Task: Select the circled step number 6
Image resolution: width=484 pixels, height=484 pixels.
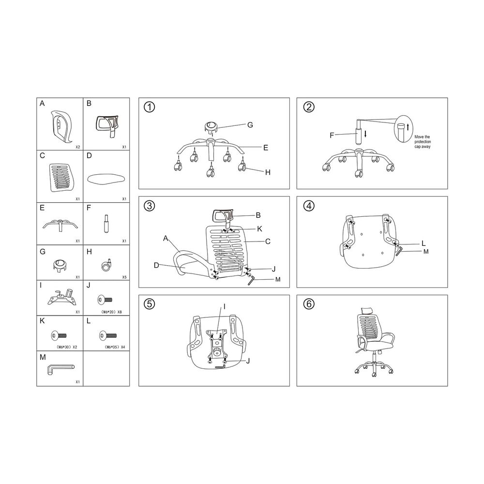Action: pos(308,304)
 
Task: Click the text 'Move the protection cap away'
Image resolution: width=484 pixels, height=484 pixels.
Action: pos(422,142)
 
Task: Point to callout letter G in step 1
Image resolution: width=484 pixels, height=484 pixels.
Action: pos(250,125)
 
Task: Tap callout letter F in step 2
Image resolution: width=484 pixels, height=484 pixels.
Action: pos(332,135)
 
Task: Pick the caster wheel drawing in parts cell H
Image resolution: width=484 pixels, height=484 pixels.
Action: pos(106,265)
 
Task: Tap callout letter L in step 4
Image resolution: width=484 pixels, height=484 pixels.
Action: pos(423,243)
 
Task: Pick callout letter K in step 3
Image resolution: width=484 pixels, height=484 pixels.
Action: pos(259,227)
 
